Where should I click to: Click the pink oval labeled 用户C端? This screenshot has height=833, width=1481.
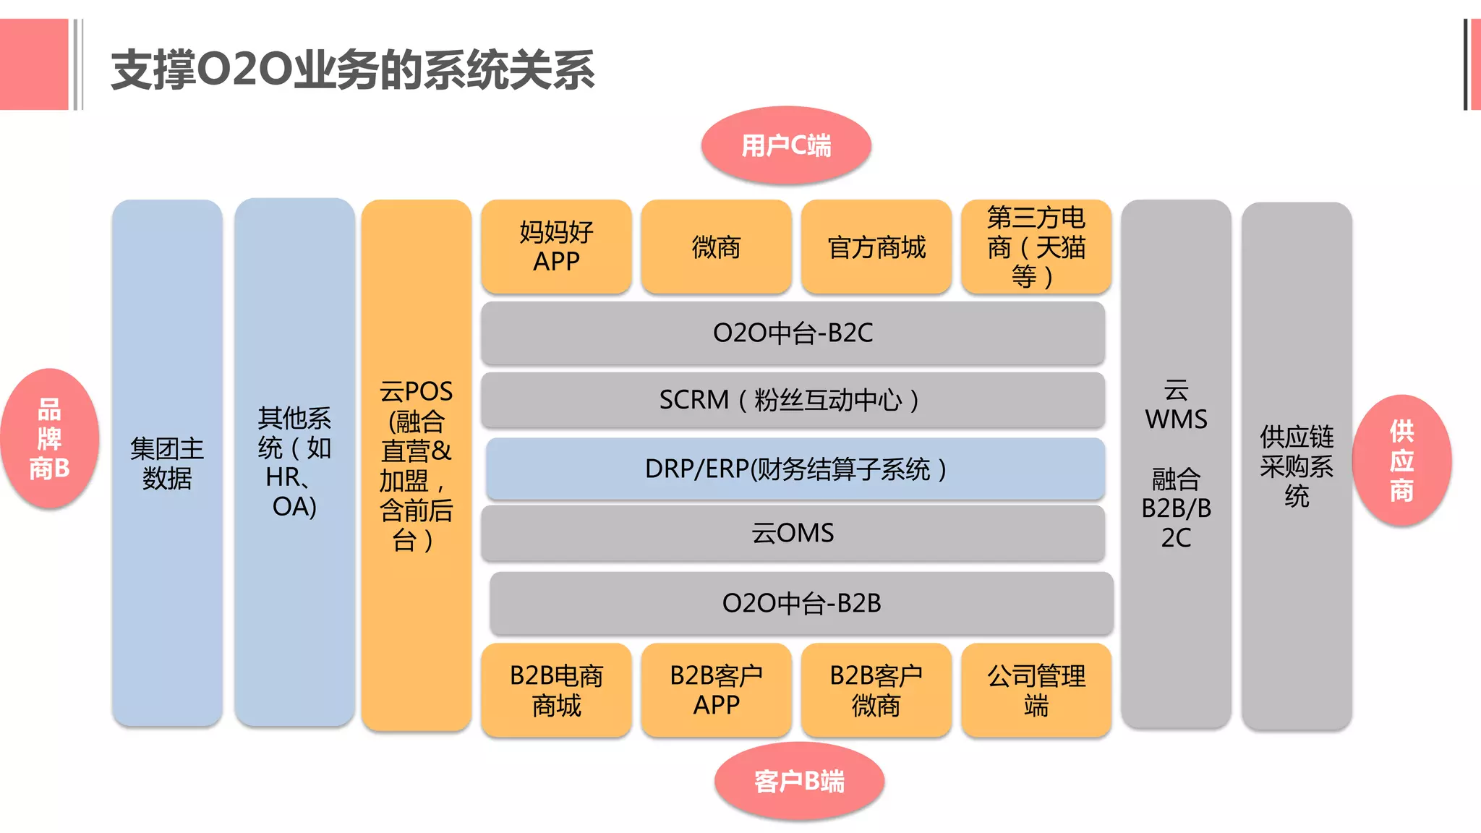coord(786,145)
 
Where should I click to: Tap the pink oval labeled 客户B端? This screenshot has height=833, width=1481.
coord(799,781)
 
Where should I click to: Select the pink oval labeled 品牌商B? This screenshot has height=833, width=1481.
coord(49,439)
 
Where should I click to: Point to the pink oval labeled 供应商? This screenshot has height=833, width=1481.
coord(1401,461)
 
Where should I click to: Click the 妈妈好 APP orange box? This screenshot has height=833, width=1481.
coord(556,247)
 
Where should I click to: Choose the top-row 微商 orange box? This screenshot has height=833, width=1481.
coord(716,247)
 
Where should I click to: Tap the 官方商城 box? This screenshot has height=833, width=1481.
coord(876,247)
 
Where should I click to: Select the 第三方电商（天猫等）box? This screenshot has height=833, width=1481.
coord(1036,247)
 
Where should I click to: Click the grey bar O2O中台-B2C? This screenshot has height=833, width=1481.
coord(793,333)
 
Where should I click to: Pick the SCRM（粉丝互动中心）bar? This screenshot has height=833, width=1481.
coord(793,400)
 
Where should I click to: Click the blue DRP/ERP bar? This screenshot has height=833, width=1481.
coord(795,469)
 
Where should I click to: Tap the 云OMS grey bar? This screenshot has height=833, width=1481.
coord(793,533)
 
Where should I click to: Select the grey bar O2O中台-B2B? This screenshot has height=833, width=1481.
coord(801,603)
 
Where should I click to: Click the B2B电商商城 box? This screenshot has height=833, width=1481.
coord(556,690)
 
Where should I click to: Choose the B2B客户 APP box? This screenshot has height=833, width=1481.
coord(716,690)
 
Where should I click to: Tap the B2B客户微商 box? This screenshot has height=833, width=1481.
coord(876,690)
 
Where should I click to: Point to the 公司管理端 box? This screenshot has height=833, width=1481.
coord(1036,690)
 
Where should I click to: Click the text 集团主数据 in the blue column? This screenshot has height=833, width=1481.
coord(167,463)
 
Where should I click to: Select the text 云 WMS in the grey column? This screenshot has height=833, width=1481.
coord(1176,405)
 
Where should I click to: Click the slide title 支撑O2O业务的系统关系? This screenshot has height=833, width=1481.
coord(352,70)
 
